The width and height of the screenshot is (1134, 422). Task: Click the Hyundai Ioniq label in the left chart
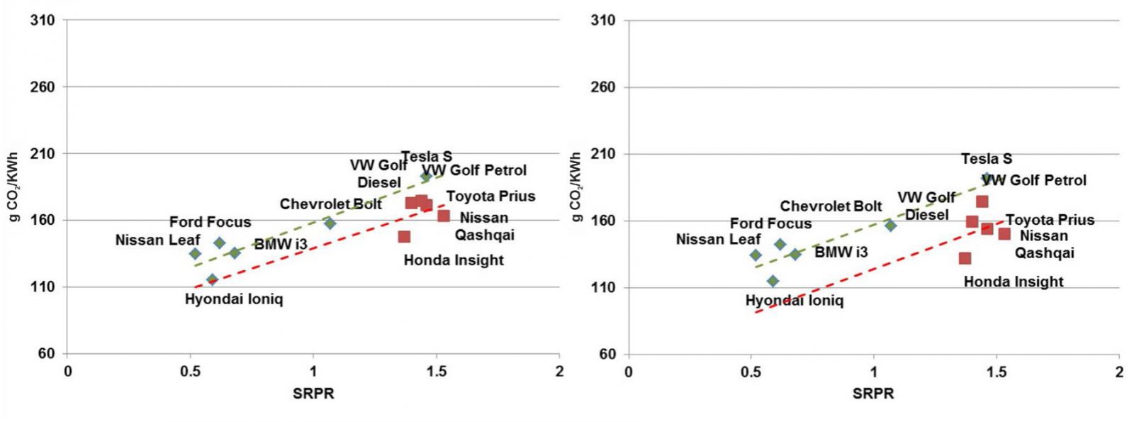pyautogui.click(x=234, y=299)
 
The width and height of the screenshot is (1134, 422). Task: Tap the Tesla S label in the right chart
pyautogui.click(x=987, y=159)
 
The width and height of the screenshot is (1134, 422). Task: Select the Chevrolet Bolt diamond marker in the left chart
pyautogui.click(x=330, y=223)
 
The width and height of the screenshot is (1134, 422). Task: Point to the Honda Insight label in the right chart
pyautogui.click(x=1014, y=282)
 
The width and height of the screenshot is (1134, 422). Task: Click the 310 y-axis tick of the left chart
pyautogui.click(x=43, y=21)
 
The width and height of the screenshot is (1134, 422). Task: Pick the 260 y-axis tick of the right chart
pyautogui.click(x=603, y=87)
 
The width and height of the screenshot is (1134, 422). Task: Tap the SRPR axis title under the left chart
pyautogui.click(x=313, y=394)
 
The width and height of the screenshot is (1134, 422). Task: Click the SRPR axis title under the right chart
pyautogui.click(x=873, y=394)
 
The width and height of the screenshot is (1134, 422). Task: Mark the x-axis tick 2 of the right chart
pyautogui.click(x=1119, y=372)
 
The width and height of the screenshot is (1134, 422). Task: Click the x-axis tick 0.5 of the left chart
pyautogui.click(x=190, y=372)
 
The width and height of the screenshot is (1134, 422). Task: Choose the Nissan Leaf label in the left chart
pyautogui.click(x=157, y=240)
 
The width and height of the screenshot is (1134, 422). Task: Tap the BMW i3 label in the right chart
pyautogui.click(x=841, y=252)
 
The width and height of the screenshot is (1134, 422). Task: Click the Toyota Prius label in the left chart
pyautogui.click(x=490, y=196)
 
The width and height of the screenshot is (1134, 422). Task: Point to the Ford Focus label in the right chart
pyautogui.click(x=770, y=223)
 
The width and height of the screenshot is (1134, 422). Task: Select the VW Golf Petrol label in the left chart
pyautogui.click(x=475, y=170)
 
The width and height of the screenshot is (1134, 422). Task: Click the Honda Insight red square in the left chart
pyautogui.click(x=404, y=237)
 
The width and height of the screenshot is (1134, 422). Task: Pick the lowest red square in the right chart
pyautogui.click(x=965, y=258)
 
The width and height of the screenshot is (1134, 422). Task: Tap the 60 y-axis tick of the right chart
pyautogui.click(x=607, y=355)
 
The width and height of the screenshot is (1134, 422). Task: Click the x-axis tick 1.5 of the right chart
pyautogui.click(x=997, y=372)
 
